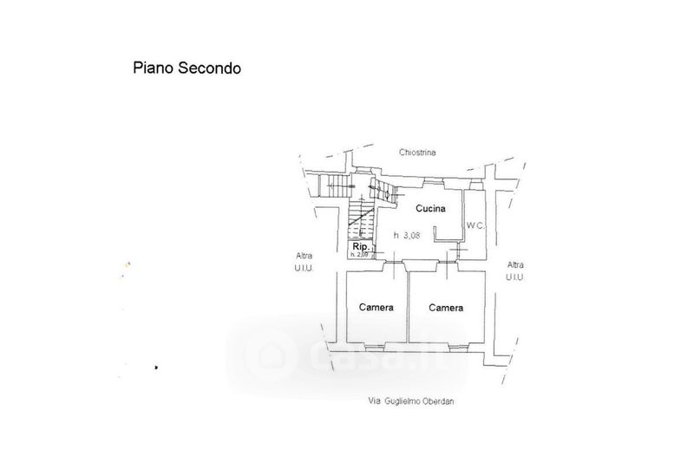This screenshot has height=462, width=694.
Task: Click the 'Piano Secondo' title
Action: [x=187, y=67]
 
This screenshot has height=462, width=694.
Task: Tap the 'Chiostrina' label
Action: [x=417, y=153]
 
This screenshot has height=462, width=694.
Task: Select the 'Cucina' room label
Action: [x=430, y=209]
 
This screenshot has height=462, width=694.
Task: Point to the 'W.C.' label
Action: [x=475, y=226]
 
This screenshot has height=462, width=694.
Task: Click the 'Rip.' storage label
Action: [x=358, y=246]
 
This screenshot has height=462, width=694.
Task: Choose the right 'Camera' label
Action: [x=444, y=308]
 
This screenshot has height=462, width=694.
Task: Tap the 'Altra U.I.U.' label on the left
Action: [x=304, y=262]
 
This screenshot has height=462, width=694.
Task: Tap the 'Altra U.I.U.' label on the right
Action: [x=516, y=270]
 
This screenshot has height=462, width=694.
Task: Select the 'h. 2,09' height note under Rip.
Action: [x=359, y=254]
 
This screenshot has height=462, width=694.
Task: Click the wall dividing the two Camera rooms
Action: [x=408, y=308]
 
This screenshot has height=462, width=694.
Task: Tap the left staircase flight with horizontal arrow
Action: [x=333, y=185]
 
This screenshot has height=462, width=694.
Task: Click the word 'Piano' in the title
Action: [x=150, y=67]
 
